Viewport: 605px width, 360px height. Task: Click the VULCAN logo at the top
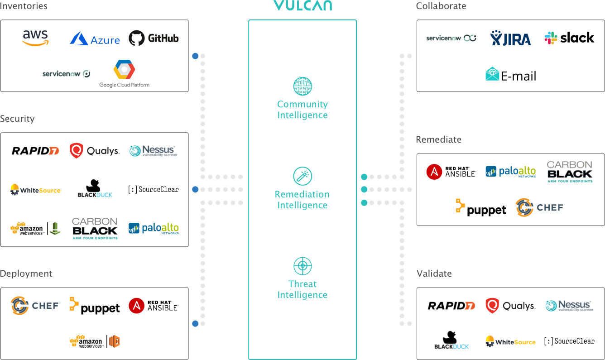(302, 5)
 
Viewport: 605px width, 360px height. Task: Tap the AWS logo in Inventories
(35, 38)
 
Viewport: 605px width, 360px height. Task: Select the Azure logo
(95, 39)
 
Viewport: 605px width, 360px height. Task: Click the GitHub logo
(154, 38)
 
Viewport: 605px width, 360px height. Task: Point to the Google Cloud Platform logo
(124, 73)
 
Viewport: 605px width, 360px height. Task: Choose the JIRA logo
(511, 38)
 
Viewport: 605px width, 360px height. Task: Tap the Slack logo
(551, 38)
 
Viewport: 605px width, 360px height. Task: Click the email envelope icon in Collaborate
(492, 73)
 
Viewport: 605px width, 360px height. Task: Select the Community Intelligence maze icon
(302, 86)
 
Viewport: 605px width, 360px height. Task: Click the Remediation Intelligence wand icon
(302, 176)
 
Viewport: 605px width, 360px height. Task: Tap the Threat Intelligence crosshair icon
(302, 266)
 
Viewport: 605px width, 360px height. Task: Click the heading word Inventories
(24, 6)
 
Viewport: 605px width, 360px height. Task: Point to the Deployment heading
(26, 274)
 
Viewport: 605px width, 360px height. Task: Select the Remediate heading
(438, 139)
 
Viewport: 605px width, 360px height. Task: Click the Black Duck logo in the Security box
(95, 189)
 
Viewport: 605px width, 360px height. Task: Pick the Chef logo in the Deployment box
(35, 306)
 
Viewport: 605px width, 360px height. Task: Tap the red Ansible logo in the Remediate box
(434, 172)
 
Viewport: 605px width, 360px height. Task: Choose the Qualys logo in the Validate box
(510, 306)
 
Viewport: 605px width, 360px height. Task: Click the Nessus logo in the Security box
(153, 151)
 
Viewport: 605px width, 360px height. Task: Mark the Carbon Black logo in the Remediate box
(569, 172)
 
